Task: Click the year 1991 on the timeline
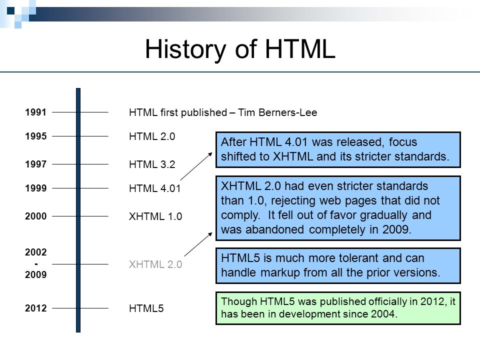tap(36, 112)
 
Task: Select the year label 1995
tap(36, 136)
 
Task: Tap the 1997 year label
tap(36, 164)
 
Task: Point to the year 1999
tap(36, 188)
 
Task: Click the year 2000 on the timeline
tap(36, 216)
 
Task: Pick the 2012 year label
tap(36, 308)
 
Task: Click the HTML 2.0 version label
tap(152, 136)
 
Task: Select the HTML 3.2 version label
tap(152, 164)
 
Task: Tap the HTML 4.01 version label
tap(155, 188)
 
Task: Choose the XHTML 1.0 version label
tap(155, 216)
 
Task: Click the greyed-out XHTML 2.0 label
tap(155, 264)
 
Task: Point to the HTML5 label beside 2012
tap(146, 308)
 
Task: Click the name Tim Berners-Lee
tap(277, 112)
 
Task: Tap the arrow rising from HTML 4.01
tap(196, 166)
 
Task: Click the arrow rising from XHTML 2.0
tap(198, 244)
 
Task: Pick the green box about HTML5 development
tap(338, 308)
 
